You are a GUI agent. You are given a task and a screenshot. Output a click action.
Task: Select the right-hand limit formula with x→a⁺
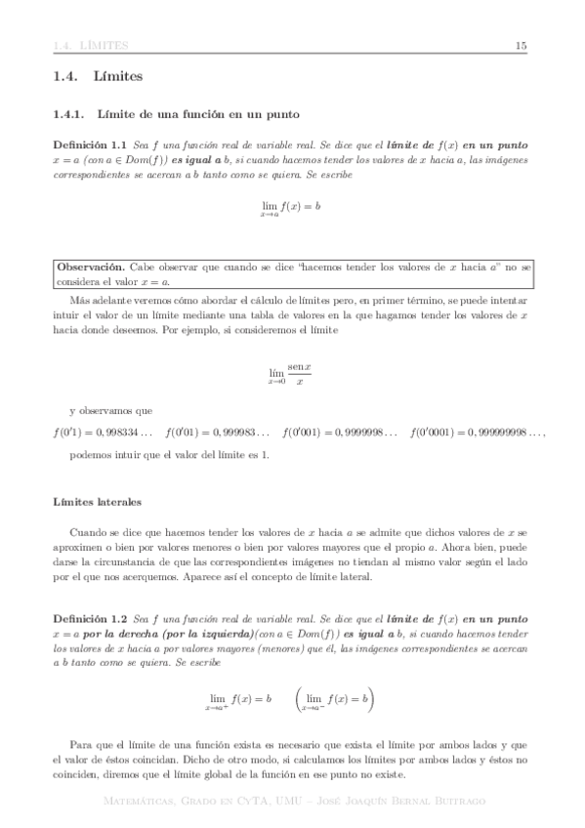pyautogui.click(x=237, y=674)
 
